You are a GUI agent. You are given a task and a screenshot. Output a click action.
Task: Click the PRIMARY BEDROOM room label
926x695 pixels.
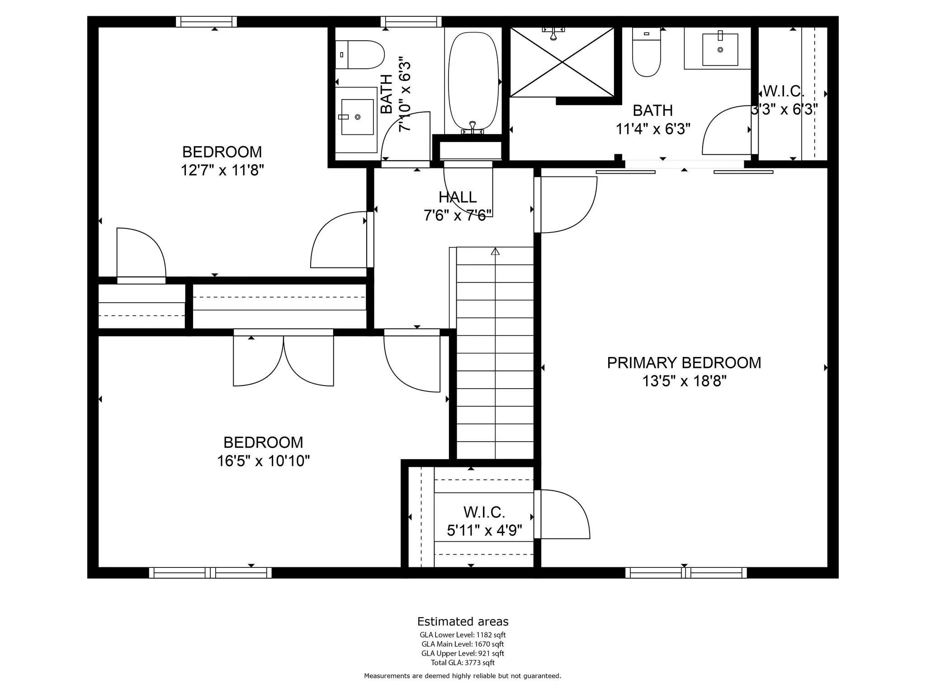point(684,363)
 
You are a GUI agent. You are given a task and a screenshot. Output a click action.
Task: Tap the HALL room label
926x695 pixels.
point(458,197)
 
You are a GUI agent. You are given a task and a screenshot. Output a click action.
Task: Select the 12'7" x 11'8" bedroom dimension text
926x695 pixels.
point(222,171)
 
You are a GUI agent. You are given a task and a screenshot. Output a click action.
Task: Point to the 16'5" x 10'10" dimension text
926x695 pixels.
point(263,461)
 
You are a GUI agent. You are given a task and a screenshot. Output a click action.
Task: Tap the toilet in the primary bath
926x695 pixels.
point(647,52)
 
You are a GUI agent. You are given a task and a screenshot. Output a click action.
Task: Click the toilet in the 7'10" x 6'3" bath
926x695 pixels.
point(359,55)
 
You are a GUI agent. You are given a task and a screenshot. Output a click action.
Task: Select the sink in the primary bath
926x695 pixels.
point(720,49)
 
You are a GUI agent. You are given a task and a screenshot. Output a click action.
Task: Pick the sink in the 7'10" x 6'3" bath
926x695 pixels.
point(357,117)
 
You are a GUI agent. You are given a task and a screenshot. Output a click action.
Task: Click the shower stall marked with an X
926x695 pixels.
point(562,62)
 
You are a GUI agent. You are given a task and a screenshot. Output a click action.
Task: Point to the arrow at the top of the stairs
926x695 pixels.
point(495,251)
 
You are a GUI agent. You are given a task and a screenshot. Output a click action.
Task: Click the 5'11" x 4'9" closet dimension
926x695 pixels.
point(484,530)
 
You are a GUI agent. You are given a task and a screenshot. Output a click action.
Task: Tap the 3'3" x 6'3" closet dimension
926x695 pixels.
point(784,109)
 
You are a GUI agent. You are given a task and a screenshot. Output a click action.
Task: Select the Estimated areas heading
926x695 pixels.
point(463,621)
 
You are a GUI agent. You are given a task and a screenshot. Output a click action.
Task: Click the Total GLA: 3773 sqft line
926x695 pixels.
point(463,663)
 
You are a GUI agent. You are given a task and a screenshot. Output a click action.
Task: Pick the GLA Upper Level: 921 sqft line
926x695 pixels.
point(463,653)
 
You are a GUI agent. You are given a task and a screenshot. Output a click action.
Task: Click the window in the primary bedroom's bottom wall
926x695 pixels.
point(686,573)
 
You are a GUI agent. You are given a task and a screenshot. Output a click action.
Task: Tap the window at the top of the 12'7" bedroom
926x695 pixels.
point(206,22)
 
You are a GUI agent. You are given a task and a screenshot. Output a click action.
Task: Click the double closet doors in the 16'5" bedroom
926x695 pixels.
point(283,357)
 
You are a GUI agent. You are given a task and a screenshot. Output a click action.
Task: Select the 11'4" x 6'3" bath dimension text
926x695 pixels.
point(653,129)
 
